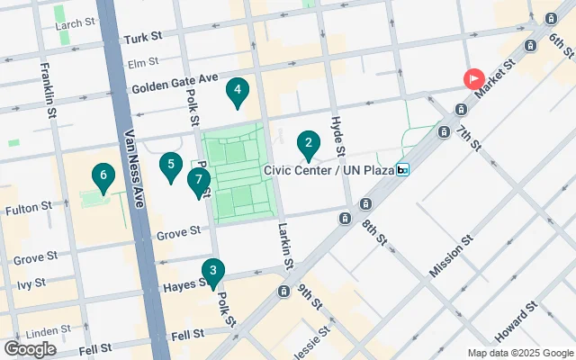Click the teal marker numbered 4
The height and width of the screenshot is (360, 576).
pos(237,90)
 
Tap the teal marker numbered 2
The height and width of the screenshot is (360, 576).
pos(308,143)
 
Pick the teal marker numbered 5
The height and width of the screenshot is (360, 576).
pos(169,166)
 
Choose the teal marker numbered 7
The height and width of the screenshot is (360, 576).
pos(198,181)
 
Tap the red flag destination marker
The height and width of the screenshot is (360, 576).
pos(474,78)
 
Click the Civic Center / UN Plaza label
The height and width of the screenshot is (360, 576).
pos(329,169)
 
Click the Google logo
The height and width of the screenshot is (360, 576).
pos(30,348)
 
